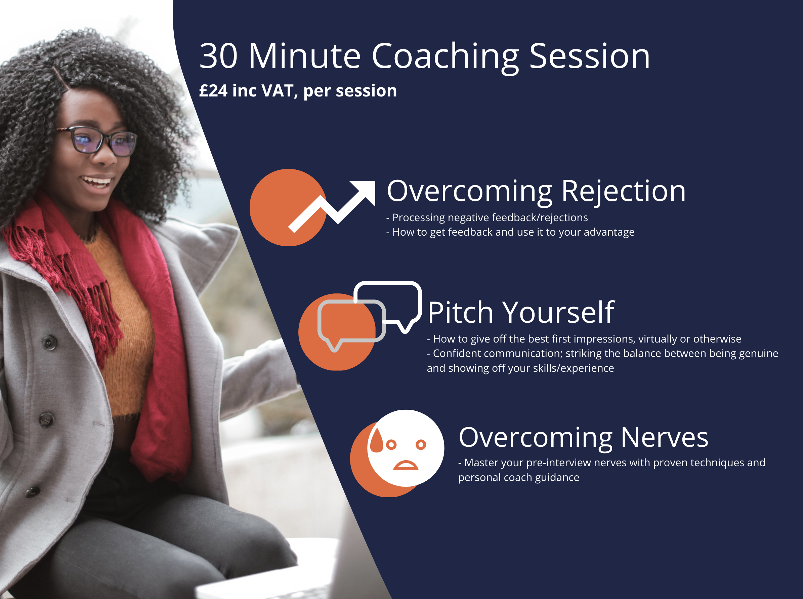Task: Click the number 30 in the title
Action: (218, 56)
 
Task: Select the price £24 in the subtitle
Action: (213, 90)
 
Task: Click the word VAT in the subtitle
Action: (277, 91)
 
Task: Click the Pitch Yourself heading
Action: (521, 312)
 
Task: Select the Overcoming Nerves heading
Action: (583, 438)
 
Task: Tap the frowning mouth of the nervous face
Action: (406, 465)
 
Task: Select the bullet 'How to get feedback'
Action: (510, 232)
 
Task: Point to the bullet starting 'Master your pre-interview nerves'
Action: (612, 470)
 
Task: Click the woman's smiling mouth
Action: (96, 181)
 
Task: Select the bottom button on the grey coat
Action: (32, 492)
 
